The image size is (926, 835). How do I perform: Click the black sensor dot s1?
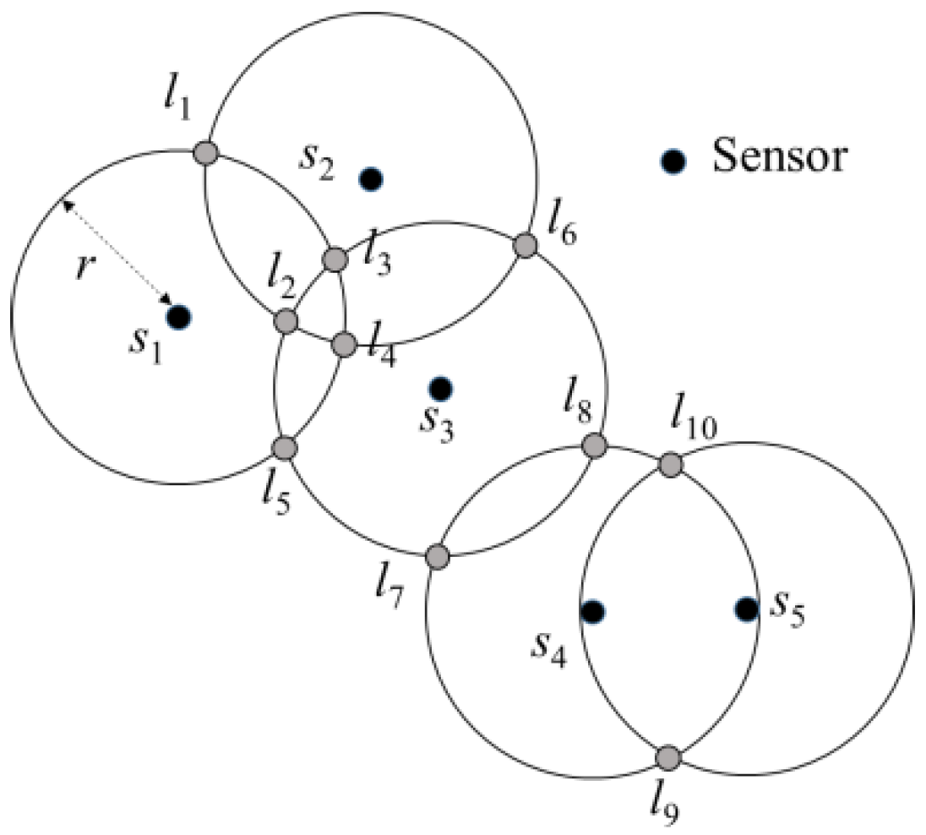coord(178,318)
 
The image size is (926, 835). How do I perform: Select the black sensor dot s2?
coord(371,178)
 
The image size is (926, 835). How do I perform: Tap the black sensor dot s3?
coord(440,388)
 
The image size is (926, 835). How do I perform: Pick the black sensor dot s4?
coord(592,610)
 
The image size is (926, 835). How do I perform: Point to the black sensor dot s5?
coord(746,609)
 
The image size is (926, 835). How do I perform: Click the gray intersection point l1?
coord(206,153)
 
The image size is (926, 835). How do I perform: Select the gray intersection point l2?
coord(286,320)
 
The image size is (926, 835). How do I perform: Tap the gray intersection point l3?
coord(335,259)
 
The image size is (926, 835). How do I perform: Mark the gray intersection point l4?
coord(344,344)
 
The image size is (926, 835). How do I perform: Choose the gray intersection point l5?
coord(286,447)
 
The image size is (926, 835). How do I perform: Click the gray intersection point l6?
coord(526,245)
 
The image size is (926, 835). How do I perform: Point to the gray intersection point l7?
coord(438,556)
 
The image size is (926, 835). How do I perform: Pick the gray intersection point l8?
coord(595,445)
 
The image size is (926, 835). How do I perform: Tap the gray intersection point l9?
coord(668,756)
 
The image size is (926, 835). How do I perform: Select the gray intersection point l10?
coord(670,464)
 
